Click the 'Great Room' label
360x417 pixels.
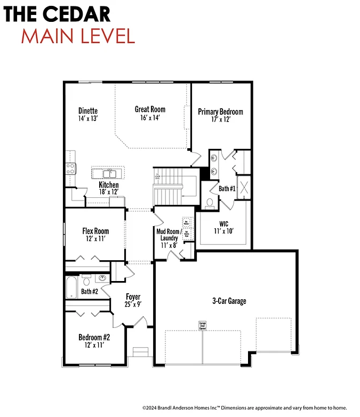[150, 109]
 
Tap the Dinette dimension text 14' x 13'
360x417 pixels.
[87, 119]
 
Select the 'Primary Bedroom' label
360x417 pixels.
[220, 111]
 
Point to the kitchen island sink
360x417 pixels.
[109, 173]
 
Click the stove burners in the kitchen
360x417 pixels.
[70, 169]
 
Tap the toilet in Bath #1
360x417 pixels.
[210, 203]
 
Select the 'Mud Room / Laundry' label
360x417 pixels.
[169, 235]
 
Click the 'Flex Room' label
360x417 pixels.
[95, 231]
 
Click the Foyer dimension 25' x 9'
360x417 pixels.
[133, 304]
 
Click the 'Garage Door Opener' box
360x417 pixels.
[202, 325]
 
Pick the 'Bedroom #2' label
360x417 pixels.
[94, 337]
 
